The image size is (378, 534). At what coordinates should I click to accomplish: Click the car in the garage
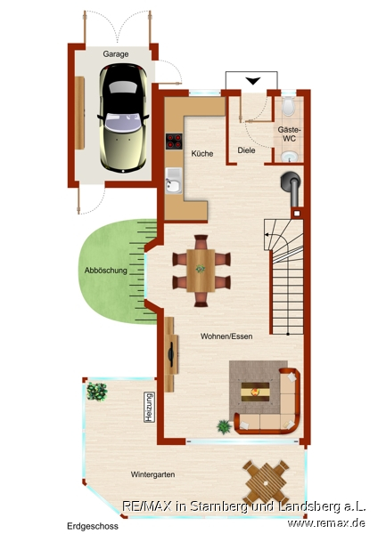(x=124, y=117)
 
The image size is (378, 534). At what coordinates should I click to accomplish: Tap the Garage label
(x=116, y=54)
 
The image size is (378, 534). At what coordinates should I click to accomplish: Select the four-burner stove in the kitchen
(x=174, y=142)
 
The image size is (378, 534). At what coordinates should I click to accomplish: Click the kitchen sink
(x=174, y=181)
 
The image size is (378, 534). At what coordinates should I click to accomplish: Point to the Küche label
(x=202, y=154)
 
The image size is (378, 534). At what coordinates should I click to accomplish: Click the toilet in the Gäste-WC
(x=289, y=106)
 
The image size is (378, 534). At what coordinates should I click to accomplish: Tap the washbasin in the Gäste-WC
(x=290, y=157)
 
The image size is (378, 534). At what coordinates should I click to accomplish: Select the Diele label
(x=246, y=150)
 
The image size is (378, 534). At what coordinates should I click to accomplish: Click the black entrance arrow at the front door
(x=253, y=81)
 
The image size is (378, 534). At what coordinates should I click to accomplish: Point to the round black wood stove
(x=291, y=182)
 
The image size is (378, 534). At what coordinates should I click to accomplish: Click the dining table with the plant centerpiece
(x=201, y=271)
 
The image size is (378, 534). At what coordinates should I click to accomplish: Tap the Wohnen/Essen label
(x=226, y=336)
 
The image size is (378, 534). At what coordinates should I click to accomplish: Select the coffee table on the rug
(x=255, y=392)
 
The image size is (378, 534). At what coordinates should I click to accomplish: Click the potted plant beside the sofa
(x=224, y=426)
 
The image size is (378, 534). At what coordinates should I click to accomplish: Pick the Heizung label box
(x=149, y=408)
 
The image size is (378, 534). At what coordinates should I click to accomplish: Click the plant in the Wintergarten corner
(x=97, y=392)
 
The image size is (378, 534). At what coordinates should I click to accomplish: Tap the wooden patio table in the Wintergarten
(x=266, y=482)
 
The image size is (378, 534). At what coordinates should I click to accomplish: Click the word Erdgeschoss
(x=93, y=526)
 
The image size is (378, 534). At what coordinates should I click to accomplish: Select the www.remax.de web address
(x=326, y=522)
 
